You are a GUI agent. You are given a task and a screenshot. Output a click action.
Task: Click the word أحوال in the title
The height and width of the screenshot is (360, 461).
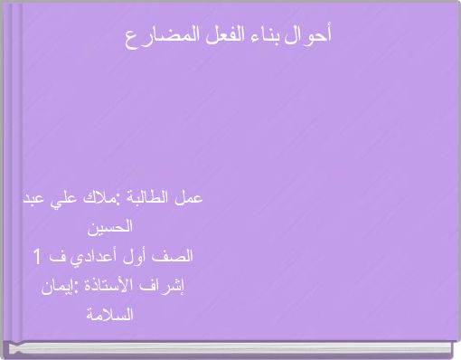pos(313,36)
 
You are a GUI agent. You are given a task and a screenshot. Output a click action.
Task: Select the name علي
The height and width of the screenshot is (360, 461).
pos(59,198)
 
